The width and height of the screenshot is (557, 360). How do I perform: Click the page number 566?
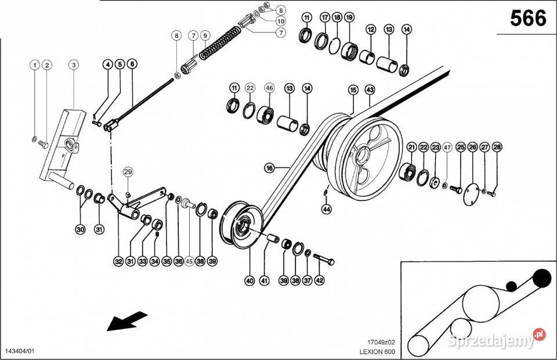click(528, 19)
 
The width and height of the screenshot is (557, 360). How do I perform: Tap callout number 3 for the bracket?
click(74, 65)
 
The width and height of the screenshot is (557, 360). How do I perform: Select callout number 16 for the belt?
click(269, 168)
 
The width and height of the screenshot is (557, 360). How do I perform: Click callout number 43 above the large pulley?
click(370, 90)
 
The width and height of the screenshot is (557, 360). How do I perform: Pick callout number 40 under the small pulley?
click(249, 280)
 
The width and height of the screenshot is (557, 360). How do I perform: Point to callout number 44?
click(327, 208)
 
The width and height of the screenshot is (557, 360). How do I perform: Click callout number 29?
click(128, 171)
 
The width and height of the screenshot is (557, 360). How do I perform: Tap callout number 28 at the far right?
click(497, 147)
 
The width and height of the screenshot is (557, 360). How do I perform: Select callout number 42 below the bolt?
click(319, 280)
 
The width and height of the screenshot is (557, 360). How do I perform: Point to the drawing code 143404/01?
click(19, 352)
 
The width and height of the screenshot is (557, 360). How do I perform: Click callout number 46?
click(269, 88)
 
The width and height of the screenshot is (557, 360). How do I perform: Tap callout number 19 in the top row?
click(349, 17)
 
